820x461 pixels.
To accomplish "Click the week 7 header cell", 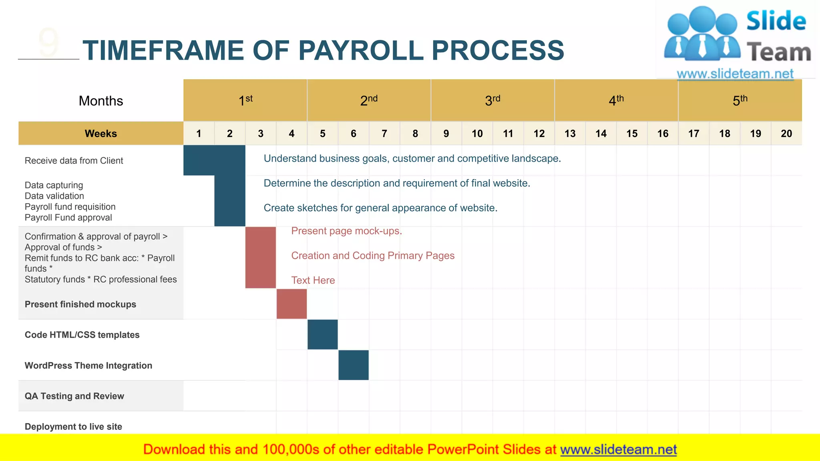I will pos(384,133).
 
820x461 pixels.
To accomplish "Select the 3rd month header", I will pos(492,100).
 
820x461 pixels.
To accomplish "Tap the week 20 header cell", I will pos(786,133).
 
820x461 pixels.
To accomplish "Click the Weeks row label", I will pos(101,133).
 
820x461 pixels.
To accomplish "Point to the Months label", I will pos(101,101).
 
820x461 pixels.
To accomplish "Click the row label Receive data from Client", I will pos(74,160).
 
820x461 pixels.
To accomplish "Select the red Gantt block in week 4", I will pos(291,304).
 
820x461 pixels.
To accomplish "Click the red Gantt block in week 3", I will pos(261,257).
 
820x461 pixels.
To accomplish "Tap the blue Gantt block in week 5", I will pos(323,335).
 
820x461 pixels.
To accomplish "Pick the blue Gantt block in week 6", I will pos(354,365).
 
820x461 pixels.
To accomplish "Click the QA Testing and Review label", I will pos(74,396).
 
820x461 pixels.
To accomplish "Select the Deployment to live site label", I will pos(74,427).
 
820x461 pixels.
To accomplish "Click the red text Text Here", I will pos(313,280).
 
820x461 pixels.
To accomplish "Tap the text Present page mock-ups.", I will pos(346,231).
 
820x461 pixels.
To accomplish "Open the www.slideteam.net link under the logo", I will pos(735,74).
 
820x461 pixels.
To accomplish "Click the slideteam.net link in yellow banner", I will pos(618,449).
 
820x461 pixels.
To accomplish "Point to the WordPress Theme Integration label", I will pos(88,365).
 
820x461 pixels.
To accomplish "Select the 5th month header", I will pos(740,100).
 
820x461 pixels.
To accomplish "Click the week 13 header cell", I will pos(570,133).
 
